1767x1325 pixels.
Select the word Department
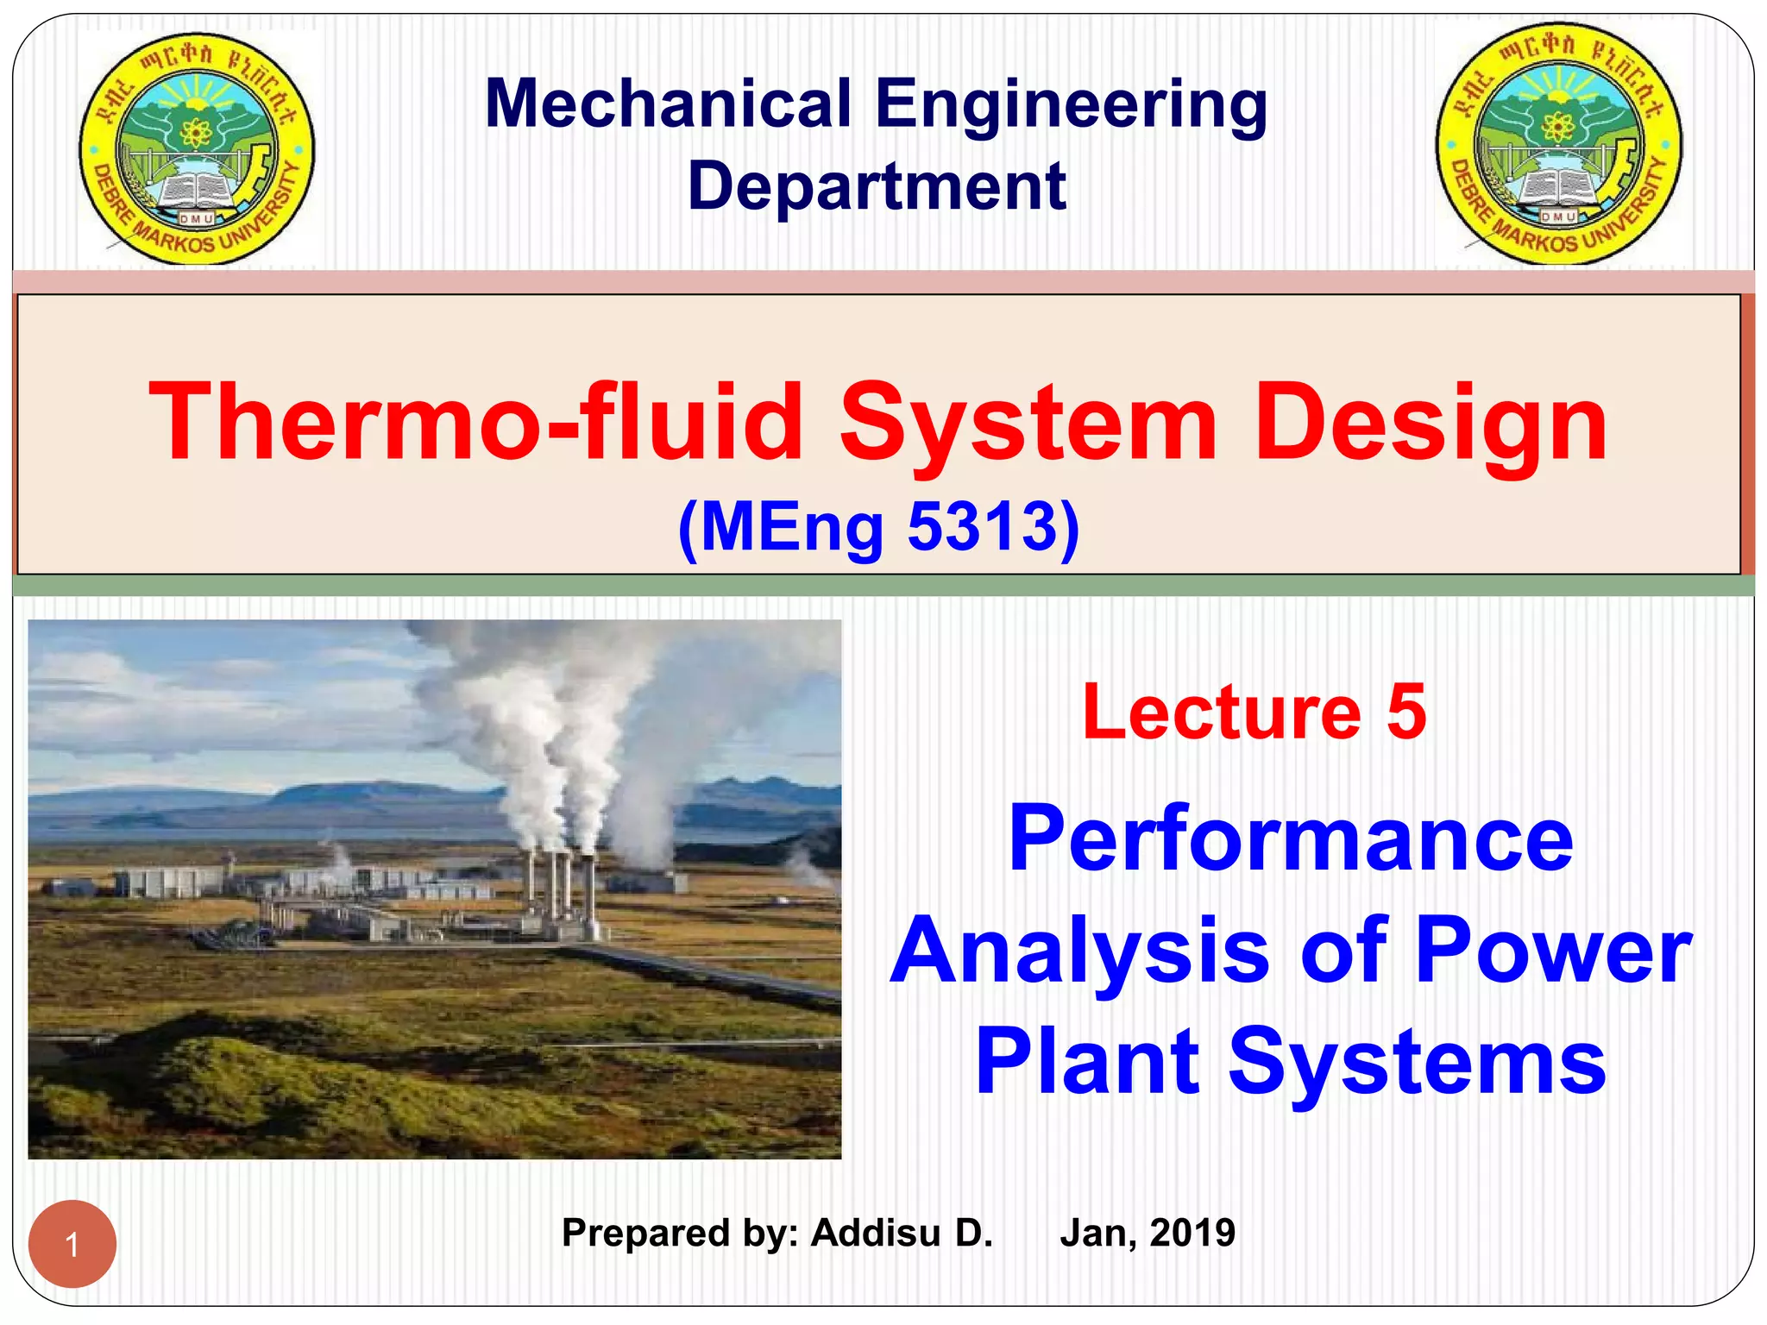pyautogui.click(x=876, y=186)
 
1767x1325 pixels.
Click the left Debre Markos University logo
pyautogui.click(x=198, y=148)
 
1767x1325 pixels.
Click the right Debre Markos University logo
pyautogui.click(x=1558, y=144)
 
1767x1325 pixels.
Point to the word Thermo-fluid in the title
pyautogui.click(x=475, y=423)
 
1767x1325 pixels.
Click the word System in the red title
pyautogui.click(x=1028, y=423)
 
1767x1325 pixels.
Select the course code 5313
pyautogui.click(x=982, y=526)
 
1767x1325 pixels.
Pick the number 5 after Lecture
pyautogui.click(x=1406, y=712)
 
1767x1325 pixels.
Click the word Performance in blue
pyautogui.click(x=1291, y=838)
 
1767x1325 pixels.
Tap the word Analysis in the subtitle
pyautogui.click(x=1079, y=951)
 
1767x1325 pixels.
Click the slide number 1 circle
pyautogui.click(x=72, y=1244)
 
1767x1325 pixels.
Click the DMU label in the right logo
pyautogui.click(x=1558, y=217)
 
